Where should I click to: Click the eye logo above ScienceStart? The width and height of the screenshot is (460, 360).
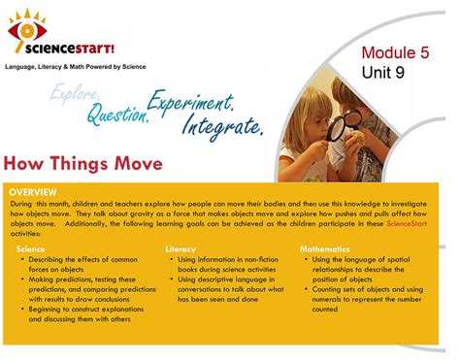coord(26,29)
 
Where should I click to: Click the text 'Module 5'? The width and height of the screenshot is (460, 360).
coord(395,52)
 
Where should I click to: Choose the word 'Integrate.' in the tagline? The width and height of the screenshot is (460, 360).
coord(220,126)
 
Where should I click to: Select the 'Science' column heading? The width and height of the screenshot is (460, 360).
coord(30,249)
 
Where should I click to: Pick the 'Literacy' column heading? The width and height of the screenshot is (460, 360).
coord(181,249)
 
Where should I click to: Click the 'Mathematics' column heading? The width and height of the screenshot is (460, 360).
coord(325,249)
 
